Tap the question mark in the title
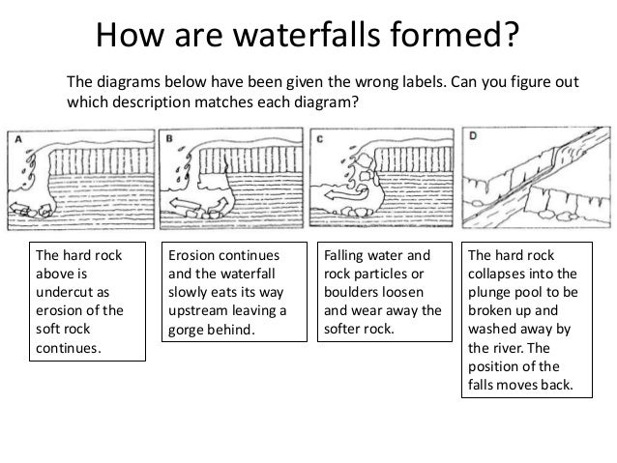point(511,35)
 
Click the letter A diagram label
point(18,138)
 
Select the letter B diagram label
point(169,138)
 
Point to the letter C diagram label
point(319,139)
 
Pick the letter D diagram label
point(473,135)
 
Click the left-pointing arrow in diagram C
point(346,194)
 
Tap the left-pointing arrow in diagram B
point(185,204)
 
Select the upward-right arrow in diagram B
point(218,205)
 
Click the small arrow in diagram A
point(16,207)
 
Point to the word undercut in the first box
point(73,292)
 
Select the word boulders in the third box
point(374,292)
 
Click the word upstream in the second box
point(197,311)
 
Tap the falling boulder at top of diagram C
point(364,161)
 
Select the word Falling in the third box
point(343,256)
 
